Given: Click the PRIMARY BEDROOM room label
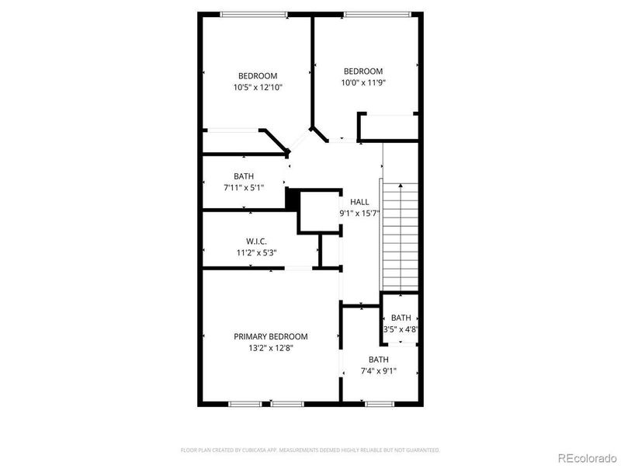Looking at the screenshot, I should (271, 336).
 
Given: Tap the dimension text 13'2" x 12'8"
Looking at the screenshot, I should (271, 348).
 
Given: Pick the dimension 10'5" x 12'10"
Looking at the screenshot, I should (258, 88).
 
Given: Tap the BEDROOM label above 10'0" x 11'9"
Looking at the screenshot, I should (363, 71).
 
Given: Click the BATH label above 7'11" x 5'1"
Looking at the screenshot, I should (244, 176).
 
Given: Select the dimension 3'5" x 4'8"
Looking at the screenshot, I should (401, 329).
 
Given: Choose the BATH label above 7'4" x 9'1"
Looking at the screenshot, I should (378, 360).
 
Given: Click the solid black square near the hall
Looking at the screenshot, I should (293, 199).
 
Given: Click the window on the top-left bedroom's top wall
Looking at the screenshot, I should (254, 14).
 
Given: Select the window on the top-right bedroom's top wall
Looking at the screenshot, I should (376, 14).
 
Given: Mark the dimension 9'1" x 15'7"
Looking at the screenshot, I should (359, 214).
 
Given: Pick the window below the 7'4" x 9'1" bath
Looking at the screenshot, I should (378, 403).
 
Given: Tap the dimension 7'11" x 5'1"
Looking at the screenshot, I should (244, 187).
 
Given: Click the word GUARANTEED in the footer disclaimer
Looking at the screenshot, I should (422, 450).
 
